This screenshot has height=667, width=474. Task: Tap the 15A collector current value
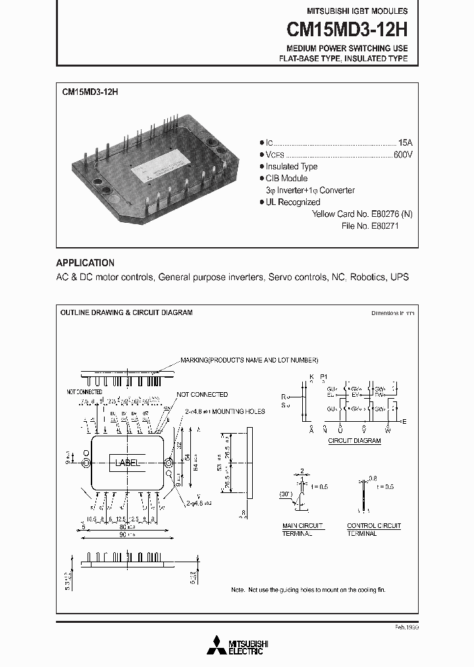[x=406, y=142]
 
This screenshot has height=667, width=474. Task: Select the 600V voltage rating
[x=403, y=154]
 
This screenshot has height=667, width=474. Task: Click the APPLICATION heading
[x=85, y=262]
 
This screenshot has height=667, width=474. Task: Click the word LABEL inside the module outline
[x=128, y=463]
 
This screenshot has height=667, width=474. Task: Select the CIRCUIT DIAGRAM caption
[x=354, y=440]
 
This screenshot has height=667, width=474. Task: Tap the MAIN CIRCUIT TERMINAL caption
[x=303, y=529]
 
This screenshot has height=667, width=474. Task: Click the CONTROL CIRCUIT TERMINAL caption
[x=373, y=529]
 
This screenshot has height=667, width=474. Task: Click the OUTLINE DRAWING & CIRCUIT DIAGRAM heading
[x=126, y=312]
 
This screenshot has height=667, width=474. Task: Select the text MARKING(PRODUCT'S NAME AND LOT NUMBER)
[x=250, y=361]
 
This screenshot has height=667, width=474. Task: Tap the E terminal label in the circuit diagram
[x=404, y=421]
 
